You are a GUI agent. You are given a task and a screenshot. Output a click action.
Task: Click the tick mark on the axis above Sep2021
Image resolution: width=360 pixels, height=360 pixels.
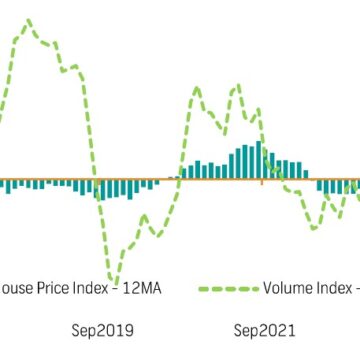(x=262, y=182)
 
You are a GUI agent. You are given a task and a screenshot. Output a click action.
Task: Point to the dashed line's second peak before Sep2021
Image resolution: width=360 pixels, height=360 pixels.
(x=237, y=86)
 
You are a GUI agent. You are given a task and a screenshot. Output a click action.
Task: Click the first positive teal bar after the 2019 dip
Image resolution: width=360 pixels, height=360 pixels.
(x=179, y=177)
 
